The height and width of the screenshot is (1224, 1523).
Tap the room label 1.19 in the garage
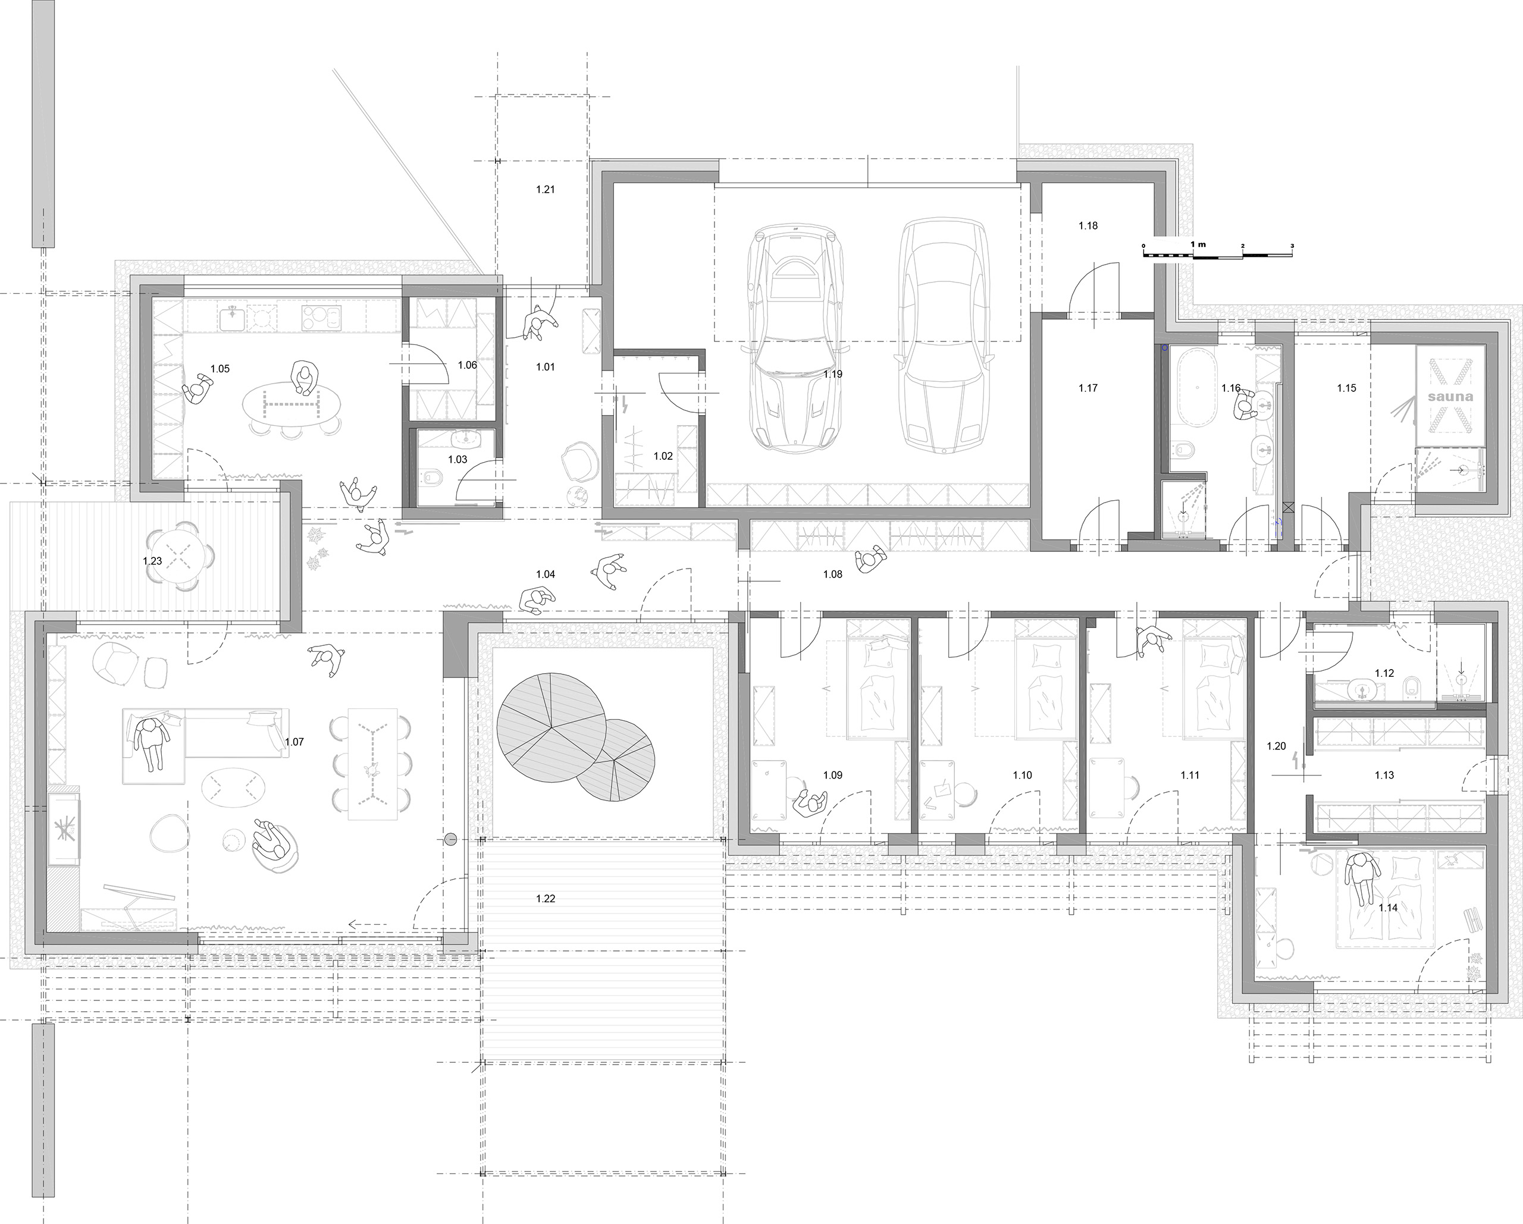click(x=833, y=374)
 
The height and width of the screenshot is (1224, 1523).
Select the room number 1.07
click(x=294, y=742)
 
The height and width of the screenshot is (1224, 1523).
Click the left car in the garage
click(x=795, y=338)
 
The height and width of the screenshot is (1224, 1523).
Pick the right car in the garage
click(x=942, y=338)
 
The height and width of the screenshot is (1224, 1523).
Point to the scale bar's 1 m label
click(x=1198, y=244)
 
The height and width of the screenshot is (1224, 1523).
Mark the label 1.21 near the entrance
click(x=546, y=189)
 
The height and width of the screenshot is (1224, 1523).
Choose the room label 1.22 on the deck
click(x=546, y=899)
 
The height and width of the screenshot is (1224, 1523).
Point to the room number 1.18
click(x=1088, y=225)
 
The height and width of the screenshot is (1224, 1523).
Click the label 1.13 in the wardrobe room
click(x=1384, y=775)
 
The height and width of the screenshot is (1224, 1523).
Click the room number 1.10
click(x=1022, y=775)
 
